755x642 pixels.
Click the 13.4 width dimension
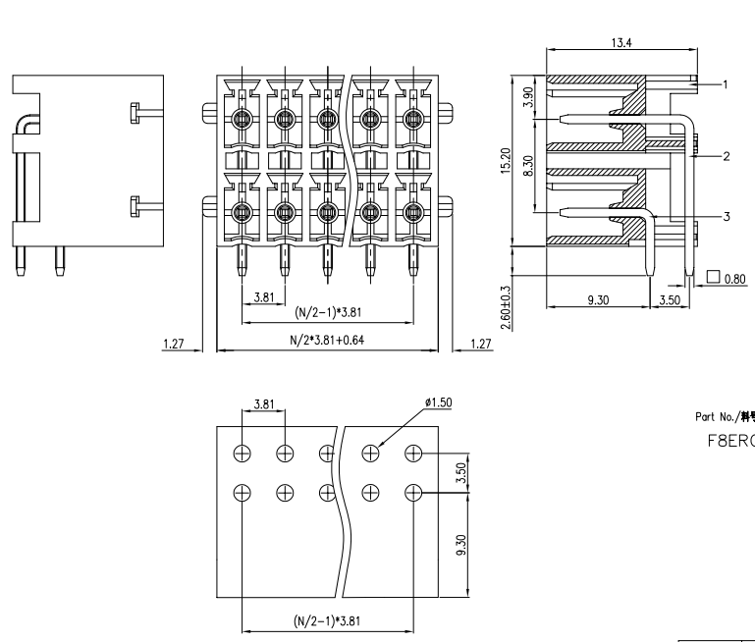(x=620, y=42)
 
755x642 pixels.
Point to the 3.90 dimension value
(x=529, y=98)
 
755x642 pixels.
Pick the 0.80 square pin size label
(x=733, y=279)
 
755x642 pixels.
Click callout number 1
(x=726, y=84)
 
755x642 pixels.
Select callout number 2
(x=726, y=156)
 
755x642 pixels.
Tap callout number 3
(x=726, y=217)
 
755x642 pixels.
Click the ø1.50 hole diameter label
(x=437, y=403)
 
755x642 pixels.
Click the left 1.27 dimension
(x=176, y=344)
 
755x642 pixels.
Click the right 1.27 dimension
(x=480, y=344)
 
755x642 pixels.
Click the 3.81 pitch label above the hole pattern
(x=264, y=403)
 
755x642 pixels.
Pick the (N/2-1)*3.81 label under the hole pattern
(x=328, y=620)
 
